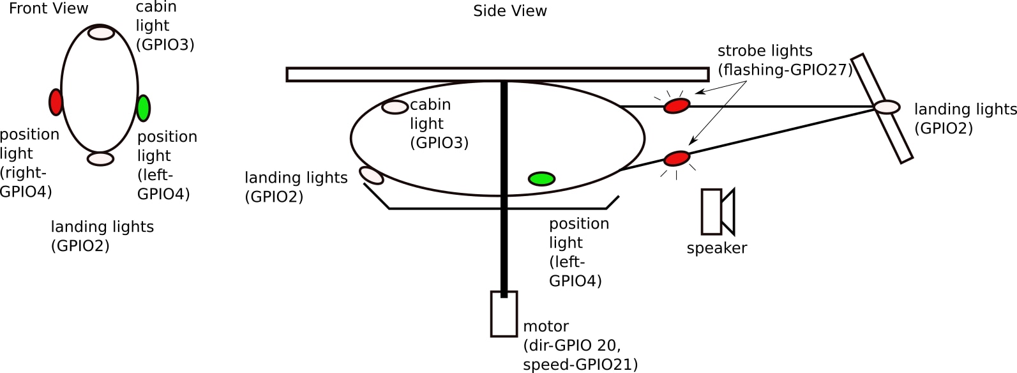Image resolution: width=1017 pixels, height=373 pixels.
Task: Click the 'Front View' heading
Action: coord(49,8)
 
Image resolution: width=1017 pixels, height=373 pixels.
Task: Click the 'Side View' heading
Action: coord(509,11)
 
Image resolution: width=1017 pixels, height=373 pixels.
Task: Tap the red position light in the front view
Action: coord(56,102)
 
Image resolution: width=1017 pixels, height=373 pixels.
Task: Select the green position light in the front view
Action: coord(144,109)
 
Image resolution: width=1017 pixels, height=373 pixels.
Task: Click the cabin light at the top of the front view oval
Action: coord(101,33)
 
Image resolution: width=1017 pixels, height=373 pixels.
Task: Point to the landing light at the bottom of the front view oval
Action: coord(101,159)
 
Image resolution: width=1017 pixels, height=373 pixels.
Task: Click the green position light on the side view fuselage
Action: coord(541,179)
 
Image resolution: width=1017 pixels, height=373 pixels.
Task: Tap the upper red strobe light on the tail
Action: coord(677,105)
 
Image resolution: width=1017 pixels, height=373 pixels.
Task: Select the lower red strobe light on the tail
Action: coord(677,158)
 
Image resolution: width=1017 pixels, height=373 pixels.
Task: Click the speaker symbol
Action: coord(718,211)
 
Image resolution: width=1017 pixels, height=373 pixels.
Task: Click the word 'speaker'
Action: coord(716,248)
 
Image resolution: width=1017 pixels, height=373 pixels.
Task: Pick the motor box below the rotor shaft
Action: coord(504,314)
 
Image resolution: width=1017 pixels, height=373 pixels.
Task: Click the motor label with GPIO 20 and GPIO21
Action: coord(580,346)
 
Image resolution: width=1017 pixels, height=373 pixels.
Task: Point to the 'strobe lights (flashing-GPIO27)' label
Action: coord(785,60)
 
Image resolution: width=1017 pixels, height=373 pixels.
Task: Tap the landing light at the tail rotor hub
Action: coord(887,107)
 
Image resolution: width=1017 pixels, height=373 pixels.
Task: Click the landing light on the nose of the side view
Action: coord(372,175)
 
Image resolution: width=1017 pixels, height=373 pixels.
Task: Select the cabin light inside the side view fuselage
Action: coord(395,107)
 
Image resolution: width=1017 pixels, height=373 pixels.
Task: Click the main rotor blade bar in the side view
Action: coord(497,75)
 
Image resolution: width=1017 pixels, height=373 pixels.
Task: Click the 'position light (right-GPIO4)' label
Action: coord(28,163)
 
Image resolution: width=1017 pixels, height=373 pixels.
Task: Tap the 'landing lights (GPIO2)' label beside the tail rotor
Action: coord(965,119)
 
